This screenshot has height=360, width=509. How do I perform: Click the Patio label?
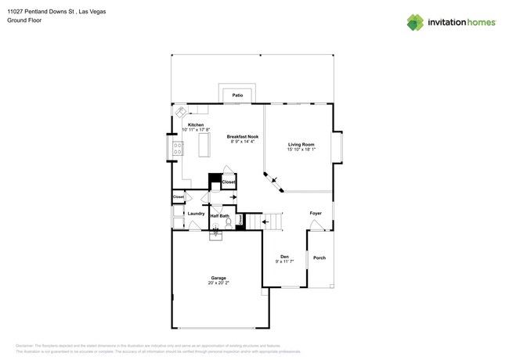click(237, 95)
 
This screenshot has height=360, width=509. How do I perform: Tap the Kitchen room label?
click(196, 125)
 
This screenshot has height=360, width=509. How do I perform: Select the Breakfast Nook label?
click(243, 136)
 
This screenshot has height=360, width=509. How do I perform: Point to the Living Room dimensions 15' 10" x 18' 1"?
click(301, 149)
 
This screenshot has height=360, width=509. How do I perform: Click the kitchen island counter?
click(205, 145)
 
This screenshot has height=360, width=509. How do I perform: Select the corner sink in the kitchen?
click(181, 111)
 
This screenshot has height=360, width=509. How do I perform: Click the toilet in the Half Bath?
click(229, 222)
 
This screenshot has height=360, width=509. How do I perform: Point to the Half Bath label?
click(219, 215)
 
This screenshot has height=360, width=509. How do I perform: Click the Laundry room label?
click(196, 213)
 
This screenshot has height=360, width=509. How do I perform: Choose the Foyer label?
click(316, 213)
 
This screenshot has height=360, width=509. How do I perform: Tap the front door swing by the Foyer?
click(316, 225)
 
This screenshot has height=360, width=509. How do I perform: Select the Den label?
click(285, 257)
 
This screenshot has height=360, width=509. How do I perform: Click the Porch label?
click(319, 257)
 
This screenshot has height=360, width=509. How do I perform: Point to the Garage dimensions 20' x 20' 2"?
click(218, 283)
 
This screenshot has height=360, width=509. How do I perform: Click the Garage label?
click(218, 278)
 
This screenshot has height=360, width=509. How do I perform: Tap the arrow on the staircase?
click(266, 221)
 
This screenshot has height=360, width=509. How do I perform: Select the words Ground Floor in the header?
click(24, 20)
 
